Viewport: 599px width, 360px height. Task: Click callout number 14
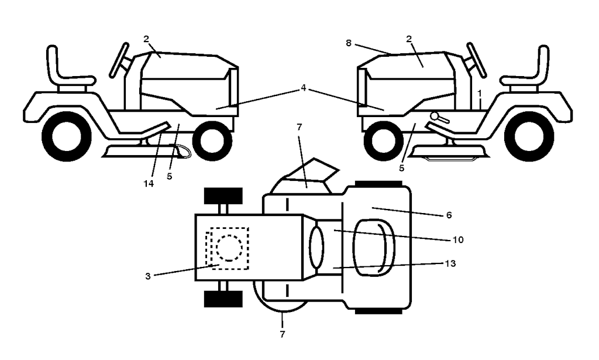click(149, 184)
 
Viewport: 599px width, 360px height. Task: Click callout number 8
click(349, 43)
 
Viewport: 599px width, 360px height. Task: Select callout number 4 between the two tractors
click(304, 88)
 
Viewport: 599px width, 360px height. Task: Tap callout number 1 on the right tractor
click(480, 93)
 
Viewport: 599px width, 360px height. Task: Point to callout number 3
click(148, 276)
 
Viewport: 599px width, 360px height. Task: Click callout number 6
click(449, 215)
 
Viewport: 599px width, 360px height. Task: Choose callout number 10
click(458, 239)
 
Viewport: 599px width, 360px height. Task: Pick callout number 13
click(451, 263)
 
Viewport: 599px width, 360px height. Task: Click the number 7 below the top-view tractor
click(283, 334)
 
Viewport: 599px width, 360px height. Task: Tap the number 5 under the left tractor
click(170, 177)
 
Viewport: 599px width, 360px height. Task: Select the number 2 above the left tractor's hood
click(146, 39)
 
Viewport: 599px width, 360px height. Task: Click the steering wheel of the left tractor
click(119, 60)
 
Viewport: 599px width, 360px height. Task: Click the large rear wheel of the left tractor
click(67, 136)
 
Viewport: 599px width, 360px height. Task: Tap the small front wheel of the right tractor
click(383, 141)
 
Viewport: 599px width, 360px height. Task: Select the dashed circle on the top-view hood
click(229, 248)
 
